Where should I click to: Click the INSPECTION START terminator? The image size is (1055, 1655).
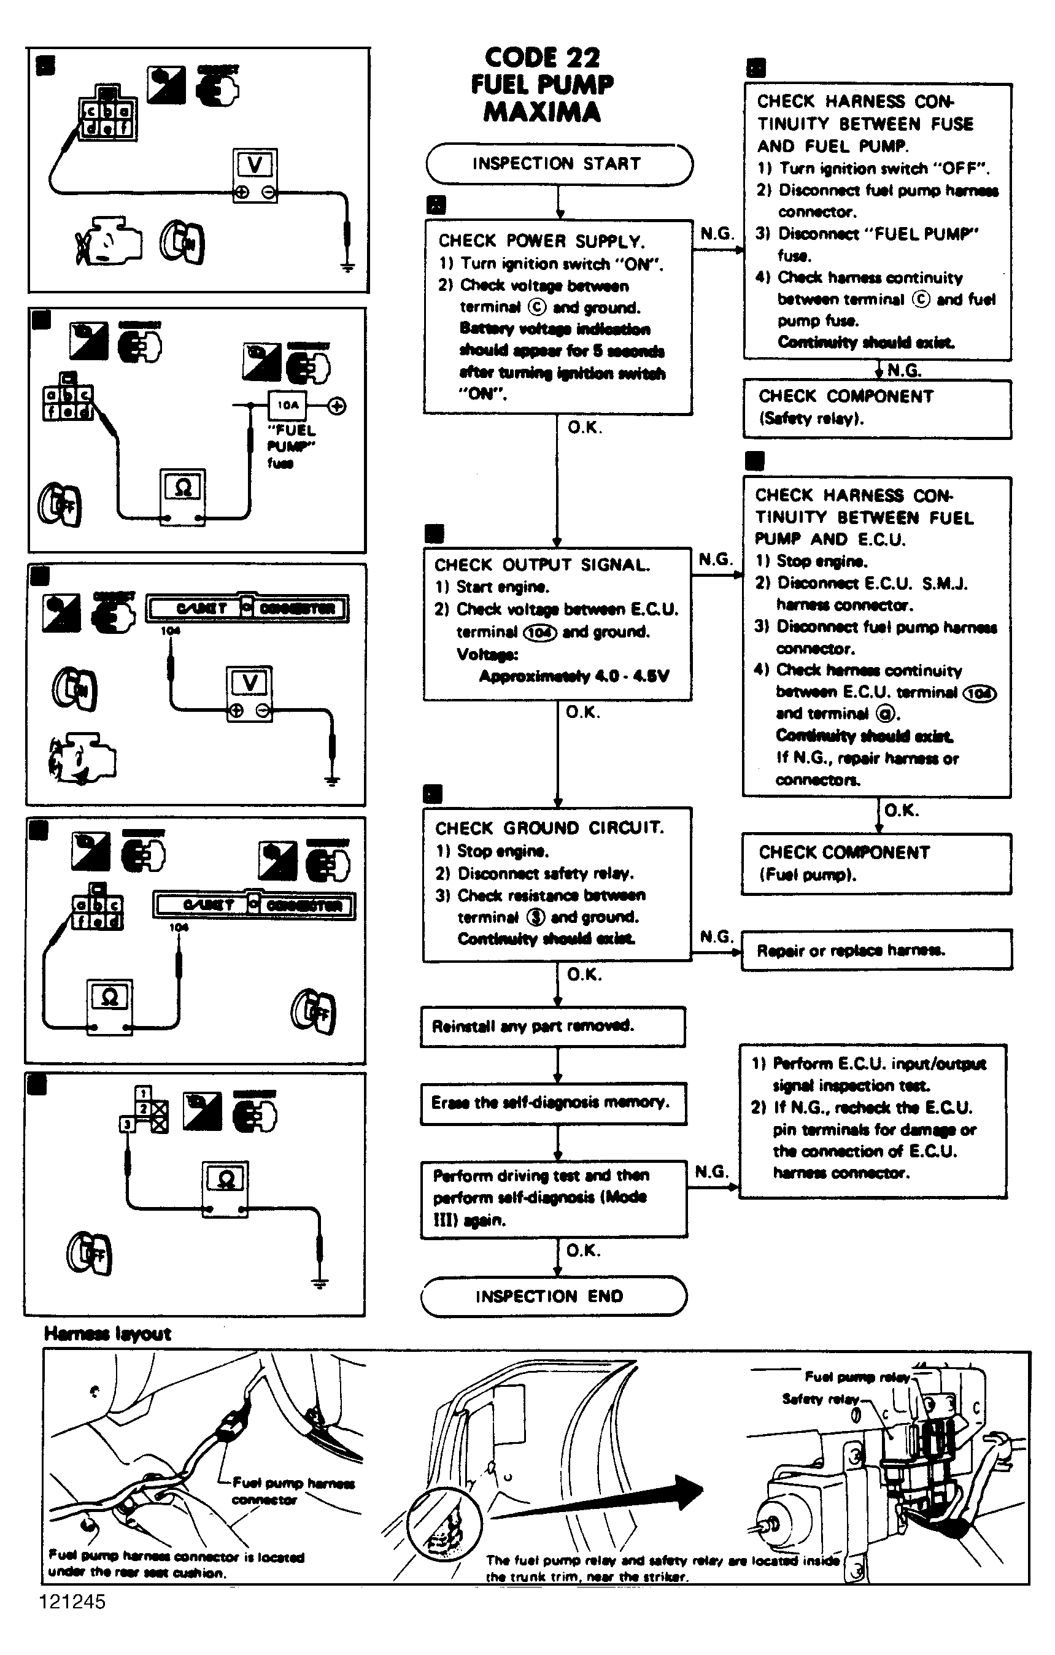(558, 164)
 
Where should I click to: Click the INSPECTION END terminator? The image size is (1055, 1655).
(552, 1296)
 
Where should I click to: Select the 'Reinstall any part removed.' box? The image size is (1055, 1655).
(552, 1027)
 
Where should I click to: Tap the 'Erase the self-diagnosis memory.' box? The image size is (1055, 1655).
(553, 1103)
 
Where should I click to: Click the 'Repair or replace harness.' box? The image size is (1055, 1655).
(876, 951)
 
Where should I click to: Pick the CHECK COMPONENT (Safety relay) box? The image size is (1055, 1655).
(876, 408)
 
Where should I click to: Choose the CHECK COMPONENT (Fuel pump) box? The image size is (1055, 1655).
(876, 864)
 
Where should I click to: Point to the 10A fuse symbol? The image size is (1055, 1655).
(288, 406)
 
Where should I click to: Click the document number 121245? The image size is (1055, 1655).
(72, 1602)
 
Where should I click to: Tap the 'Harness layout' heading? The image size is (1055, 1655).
(107, 1334)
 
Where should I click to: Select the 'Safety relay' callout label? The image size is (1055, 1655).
(820, 1398)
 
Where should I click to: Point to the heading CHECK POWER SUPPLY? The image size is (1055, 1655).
(541, 241)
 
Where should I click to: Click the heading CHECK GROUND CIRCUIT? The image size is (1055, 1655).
(549, 828)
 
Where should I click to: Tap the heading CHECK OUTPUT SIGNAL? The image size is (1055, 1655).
(541, 565)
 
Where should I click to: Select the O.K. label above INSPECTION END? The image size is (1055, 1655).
(583, 1250)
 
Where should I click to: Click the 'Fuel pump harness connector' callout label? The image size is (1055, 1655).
(293, 1491)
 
